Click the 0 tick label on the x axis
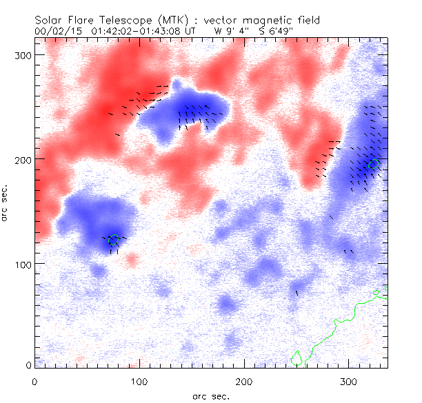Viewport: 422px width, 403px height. pos(34,380)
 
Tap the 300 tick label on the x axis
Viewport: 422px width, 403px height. pos(349,380)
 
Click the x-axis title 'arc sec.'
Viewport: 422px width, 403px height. pos(211,395)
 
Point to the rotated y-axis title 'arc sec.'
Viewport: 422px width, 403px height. pos(6,203)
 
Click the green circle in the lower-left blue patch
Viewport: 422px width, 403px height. pos(114,240)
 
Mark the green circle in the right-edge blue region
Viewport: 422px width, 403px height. pos(374,164)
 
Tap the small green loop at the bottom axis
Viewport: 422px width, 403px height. pos(297,359)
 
